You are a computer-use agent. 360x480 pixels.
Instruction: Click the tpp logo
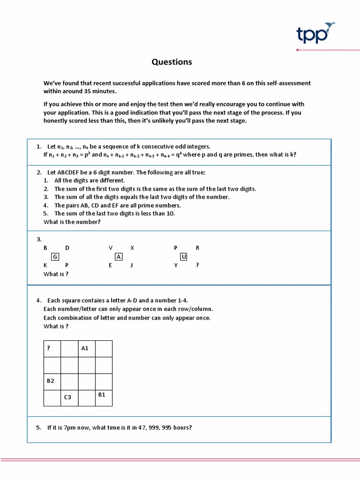[316, 33]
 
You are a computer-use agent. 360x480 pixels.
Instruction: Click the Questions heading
[172, 62]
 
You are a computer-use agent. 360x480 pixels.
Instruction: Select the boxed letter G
[55, 256]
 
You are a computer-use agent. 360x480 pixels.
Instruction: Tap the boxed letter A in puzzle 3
[119, 256]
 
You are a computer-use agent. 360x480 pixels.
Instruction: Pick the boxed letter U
[184, 256]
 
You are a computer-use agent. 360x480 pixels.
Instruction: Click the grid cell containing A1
[87, 349]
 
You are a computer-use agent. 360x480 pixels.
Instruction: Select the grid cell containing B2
[52, 381]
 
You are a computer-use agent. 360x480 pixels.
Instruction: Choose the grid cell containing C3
[69, 397]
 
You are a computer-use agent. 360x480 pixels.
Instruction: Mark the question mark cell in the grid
[52, 349]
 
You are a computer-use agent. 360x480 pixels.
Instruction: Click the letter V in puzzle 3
[111, 248]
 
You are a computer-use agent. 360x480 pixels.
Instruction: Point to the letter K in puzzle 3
[45, 265]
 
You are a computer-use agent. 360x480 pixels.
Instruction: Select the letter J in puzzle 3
[132, 265]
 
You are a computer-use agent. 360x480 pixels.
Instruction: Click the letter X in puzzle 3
[132, 248]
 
